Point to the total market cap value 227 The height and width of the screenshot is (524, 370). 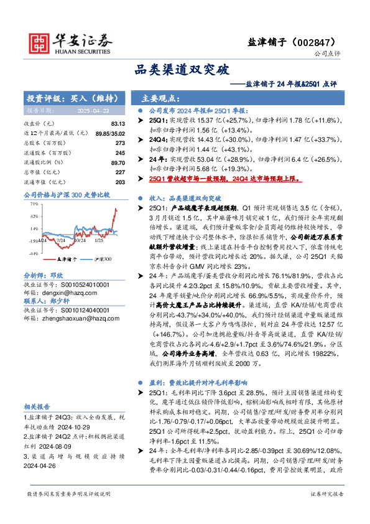(121, 172)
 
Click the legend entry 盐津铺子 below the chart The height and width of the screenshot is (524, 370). (67, 258)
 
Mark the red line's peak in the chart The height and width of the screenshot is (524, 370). (116, 209)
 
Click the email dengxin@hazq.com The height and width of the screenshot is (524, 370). (57, 291)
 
